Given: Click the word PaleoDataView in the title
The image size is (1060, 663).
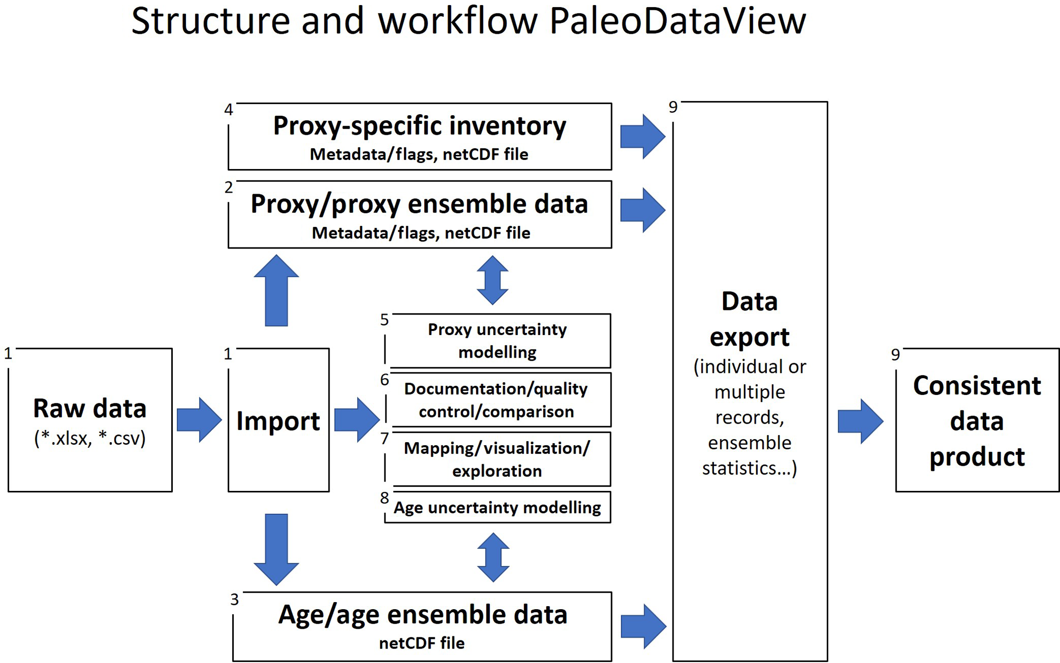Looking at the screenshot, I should pyautogui.click(x=677, y=22).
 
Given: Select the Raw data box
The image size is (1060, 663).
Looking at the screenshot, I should pyautogui.click(x=90, y=420).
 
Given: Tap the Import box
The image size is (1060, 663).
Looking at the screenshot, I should pyautogui.click(x=278, y=420).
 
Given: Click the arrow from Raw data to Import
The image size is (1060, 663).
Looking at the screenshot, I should pyautogui.click(x=199, y=420).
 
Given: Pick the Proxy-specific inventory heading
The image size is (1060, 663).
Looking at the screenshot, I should pyautogui.click(x=419, y=126).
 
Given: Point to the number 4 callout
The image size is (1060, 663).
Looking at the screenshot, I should pyautogui.click(x=229, y=110).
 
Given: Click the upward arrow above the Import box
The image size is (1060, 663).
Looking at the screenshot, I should pyautogui.click(x=276, y=291).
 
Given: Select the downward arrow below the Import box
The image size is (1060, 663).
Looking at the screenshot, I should pyautogui.click(x=276, y=549).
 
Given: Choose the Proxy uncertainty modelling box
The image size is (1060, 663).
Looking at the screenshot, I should pyautogui.click(x=497, y=341).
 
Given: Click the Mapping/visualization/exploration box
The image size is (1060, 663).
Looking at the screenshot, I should pyautogui.click(x=497, y=460).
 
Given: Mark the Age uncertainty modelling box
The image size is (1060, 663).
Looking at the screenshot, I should pyautogui.click(x=497, y=507).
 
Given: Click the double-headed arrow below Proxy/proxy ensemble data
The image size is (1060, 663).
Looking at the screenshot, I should pyautogui.click(x=493, y=280).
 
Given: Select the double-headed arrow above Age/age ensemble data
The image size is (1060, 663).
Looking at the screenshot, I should pyautogui.click(x=493, y=557).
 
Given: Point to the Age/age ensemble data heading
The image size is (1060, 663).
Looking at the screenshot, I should pyautogui.click(x=422, y=615).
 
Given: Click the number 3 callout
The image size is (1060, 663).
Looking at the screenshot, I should pyautogui.click(x=234, y=599).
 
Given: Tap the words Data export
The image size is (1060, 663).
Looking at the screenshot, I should pyautogui.click(x=749, y=319).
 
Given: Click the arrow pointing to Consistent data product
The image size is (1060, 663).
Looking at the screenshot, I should pyautogui.click(x=860, y=421).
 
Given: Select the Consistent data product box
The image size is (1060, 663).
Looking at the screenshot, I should pyautogui.click(x=977, y=420).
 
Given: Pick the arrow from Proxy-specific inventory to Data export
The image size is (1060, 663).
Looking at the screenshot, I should pyautogui.click(x=642, y=136).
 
